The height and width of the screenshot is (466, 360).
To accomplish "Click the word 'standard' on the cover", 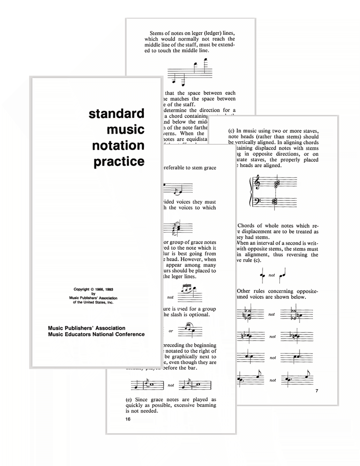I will (116, 114).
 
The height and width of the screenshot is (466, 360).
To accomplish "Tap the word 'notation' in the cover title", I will (118, 145).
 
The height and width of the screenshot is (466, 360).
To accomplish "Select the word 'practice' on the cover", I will (119, 162).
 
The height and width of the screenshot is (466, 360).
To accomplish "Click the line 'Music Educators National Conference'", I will (97, 334).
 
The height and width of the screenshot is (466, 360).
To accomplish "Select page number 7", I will (316, 391).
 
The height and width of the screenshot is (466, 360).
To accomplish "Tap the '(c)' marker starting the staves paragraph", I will (232, 131).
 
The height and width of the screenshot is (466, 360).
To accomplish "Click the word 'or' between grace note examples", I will (170, 331).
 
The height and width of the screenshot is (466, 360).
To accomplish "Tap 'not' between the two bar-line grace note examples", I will (170, 385).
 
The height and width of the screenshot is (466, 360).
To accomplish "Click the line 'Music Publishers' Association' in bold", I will (87, 328).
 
